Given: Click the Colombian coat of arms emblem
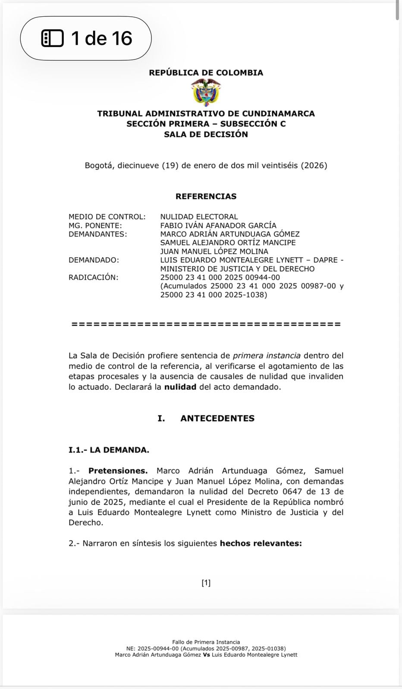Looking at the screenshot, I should [206, 92].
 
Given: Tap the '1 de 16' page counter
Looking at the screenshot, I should [102, 38].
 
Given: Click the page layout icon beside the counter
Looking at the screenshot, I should [52, 38].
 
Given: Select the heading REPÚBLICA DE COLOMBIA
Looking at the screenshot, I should [206, 73].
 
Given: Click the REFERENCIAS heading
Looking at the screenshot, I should [206, 196].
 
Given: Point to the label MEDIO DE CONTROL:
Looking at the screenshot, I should [107, 217].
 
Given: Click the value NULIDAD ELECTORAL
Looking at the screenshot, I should [199, 217].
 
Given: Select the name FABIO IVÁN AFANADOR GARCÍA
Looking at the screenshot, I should [218, 225].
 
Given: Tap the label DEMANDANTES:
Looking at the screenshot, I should [98, 234].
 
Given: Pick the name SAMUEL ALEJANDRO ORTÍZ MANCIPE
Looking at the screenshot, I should [228, 242].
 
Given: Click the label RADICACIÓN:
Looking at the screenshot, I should [93, 277].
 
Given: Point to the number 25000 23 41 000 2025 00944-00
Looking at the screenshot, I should [220, 277].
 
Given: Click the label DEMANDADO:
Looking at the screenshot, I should [94, 260].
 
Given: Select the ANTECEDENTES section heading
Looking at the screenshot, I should [217, 418].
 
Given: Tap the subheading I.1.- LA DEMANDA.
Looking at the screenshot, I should [109, 450].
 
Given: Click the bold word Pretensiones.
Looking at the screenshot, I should [118, 471].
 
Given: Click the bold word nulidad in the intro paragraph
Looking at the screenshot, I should [180, 387].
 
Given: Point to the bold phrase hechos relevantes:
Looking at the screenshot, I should [261, 543].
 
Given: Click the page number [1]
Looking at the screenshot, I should [206, 583].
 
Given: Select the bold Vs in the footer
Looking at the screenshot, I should [206, 655].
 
